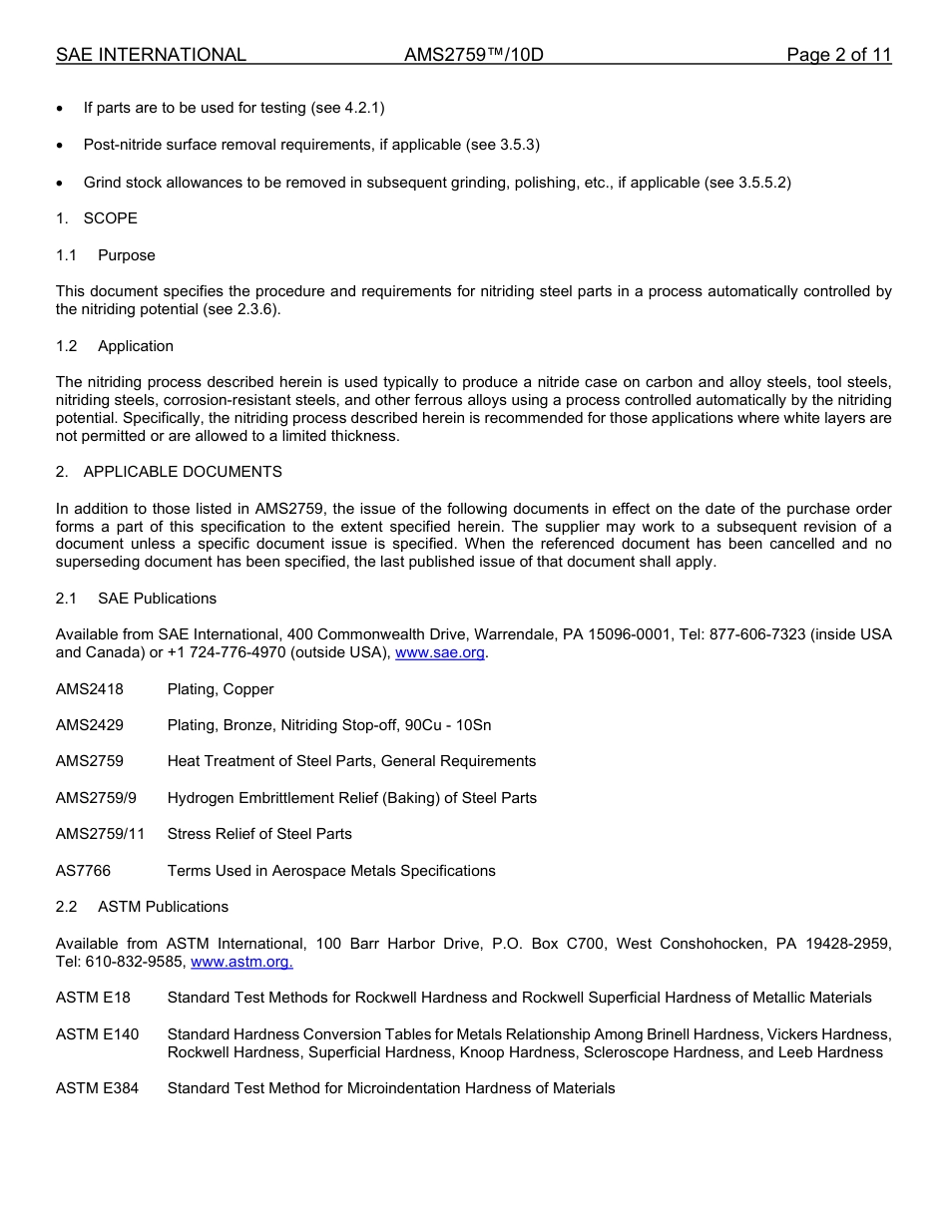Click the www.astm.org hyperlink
[240, 962]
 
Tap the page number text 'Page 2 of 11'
[838, 55]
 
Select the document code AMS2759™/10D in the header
[473, 55]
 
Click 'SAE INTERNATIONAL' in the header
[151, 55]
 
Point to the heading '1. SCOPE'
[97, 218]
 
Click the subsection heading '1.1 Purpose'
[106, 255]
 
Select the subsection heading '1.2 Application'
[115, 346]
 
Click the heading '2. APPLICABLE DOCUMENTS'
[169, 472]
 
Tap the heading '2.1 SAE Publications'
[136, 599]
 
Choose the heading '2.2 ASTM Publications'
[142, 907]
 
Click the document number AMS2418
[90, 689]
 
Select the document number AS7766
[83, 871]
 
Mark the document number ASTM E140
[97, 1034]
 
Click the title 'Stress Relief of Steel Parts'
[259, 834]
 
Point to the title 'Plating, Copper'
[220, 689]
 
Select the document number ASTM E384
[97, 1088]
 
